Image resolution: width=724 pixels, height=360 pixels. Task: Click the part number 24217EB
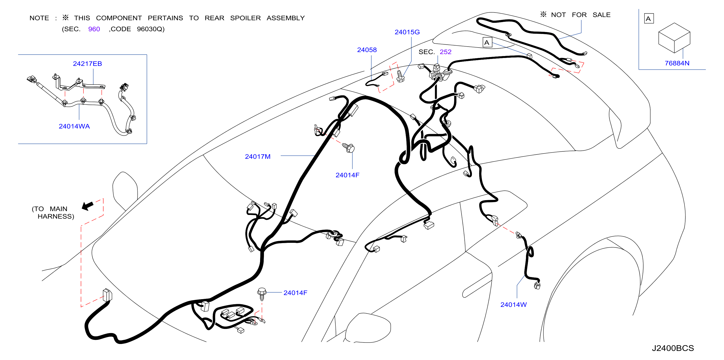[x=88, y=64]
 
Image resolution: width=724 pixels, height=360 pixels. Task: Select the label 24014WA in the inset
[x=74, y=126]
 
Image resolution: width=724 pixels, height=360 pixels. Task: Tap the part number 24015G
[x=407, y=32]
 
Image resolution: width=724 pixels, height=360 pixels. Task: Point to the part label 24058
[x=367, y=50]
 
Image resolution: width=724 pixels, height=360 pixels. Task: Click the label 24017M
[x=258, y=157]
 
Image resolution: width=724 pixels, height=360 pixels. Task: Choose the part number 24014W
[x=513, y=305]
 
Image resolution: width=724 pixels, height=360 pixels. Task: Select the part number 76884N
[x=677, y=63]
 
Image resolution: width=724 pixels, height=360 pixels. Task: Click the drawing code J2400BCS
[x=673, y=348]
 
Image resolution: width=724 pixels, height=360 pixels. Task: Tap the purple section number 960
[x=94, y=29]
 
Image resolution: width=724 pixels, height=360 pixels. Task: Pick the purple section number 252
[x=446, y=52]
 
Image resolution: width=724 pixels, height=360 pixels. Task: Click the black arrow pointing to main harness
[x=88, y=206]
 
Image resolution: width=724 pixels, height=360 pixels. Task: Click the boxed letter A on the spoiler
[x=487, y=42]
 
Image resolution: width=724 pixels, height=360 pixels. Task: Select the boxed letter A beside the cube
[x=649, y=19]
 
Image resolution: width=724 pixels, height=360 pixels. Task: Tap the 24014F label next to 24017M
[x=347, y=175]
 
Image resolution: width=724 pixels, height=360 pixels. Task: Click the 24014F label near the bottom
[x=295, y=293]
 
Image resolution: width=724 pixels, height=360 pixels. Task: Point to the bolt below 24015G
[x=400, y=76]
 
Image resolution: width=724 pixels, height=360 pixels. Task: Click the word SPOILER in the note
[x=245, y=18]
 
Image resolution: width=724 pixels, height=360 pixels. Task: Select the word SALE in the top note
[x=601, y=15]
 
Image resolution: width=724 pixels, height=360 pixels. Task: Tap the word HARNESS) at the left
[x=56, y=216]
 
